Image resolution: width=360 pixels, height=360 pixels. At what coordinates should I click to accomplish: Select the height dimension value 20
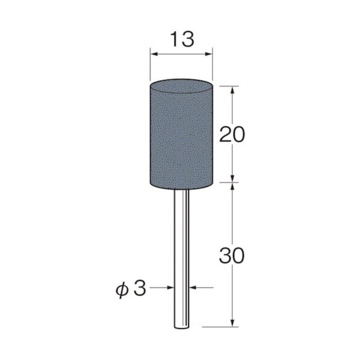[232, 134]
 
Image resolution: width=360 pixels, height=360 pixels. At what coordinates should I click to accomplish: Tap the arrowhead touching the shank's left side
[171, 288]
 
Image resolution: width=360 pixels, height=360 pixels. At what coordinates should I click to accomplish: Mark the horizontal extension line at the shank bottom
[217, 327]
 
